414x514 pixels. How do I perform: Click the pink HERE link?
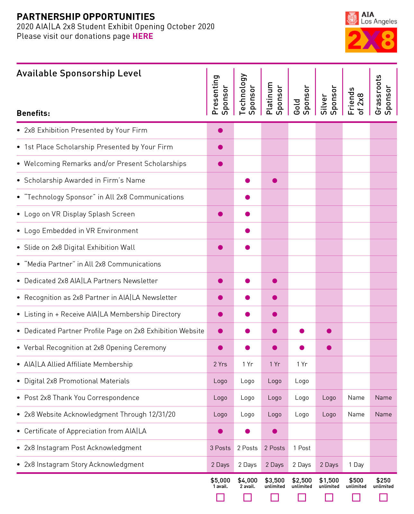pyautogui.click(x=143, y=36)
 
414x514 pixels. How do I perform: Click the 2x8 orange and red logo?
pyautogui.click(x=371, y=40)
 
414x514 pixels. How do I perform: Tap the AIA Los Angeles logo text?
pyautogui.click(x=378, y=18)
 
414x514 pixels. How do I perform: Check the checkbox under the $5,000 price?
pyautogui.click(x=220, y=497)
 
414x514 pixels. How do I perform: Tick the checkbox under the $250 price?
pyautogui.click(x=383, y=497)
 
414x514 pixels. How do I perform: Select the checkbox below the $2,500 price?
pyautogui.click(x=302, y=497)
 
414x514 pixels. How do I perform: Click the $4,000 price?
pyautogui.click(x=248, y=480)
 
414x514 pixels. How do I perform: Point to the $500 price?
pyautogui.click(x=356, y=480)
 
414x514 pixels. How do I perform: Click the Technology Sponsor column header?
pyautogui.click(x=247, y=94)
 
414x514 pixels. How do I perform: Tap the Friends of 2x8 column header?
pyautogui.click(x=356, y=100)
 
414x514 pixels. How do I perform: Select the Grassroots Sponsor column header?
pyautogui.click(x=383, y=95)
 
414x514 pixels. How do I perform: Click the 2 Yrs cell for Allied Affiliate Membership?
pyautogui.click(x=220, y=364)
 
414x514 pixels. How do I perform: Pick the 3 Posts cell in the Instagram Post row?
pyautogui.click(x=220, y=448)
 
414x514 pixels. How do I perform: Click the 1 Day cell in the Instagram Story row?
pyautogui.click(x=356, y=465)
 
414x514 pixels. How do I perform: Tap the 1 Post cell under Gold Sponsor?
pyautogui.click(x=302, y=448)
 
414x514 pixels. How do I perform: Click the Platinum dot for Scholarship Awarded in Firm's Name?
pyautogui.click(x=274, y=180)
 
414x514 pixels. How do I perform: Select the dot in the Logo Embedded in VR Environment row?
pyautogui.click(x=248, y=231)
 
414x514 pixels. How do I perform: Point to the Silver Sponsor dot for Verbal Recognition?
pyautogui.click(x=329, y=347)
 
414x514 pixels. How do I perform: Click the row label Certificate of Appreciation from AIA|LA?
pyautogui.click(x=85, y=431)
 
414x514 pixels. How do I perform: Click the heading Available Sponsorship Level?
pyautogui.click(x=79, y=74)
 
